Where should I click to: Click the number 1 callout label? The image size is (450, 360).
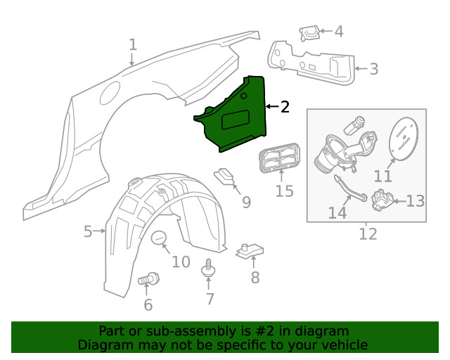133,45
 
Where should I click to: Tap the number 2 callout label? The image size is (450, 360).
284,107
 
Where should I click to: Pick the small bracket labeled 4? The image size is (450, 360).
309,33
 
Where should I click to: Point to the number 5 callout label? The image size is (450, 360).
88,231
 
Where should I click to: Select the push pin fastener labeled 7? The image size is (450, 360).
208,268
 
